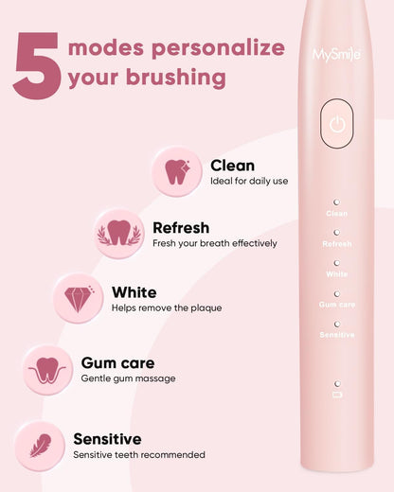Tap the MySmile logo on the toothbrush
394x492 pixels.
(336, 54)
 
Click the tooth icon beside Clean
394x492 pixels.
(177, 172)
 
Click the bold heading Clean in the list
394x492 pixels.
(232, 166)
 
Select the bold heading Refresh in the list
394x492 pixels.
(181, 228)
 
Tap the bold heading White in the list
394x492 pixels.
(134, 292)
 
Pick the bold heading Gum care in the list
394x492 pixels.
(117, 362)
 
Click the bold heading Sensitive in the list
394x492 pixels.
(107, 439)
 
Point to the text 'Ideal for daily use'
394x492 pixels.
(249, 181)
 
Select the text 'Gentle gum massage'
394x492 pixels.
(128, 378)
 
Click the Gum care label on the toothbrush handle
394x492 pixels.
(336, 305)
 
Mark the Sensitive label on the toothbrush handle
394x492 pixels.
(336, 335)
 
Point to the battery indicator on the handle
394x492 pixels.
(336, 395)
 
